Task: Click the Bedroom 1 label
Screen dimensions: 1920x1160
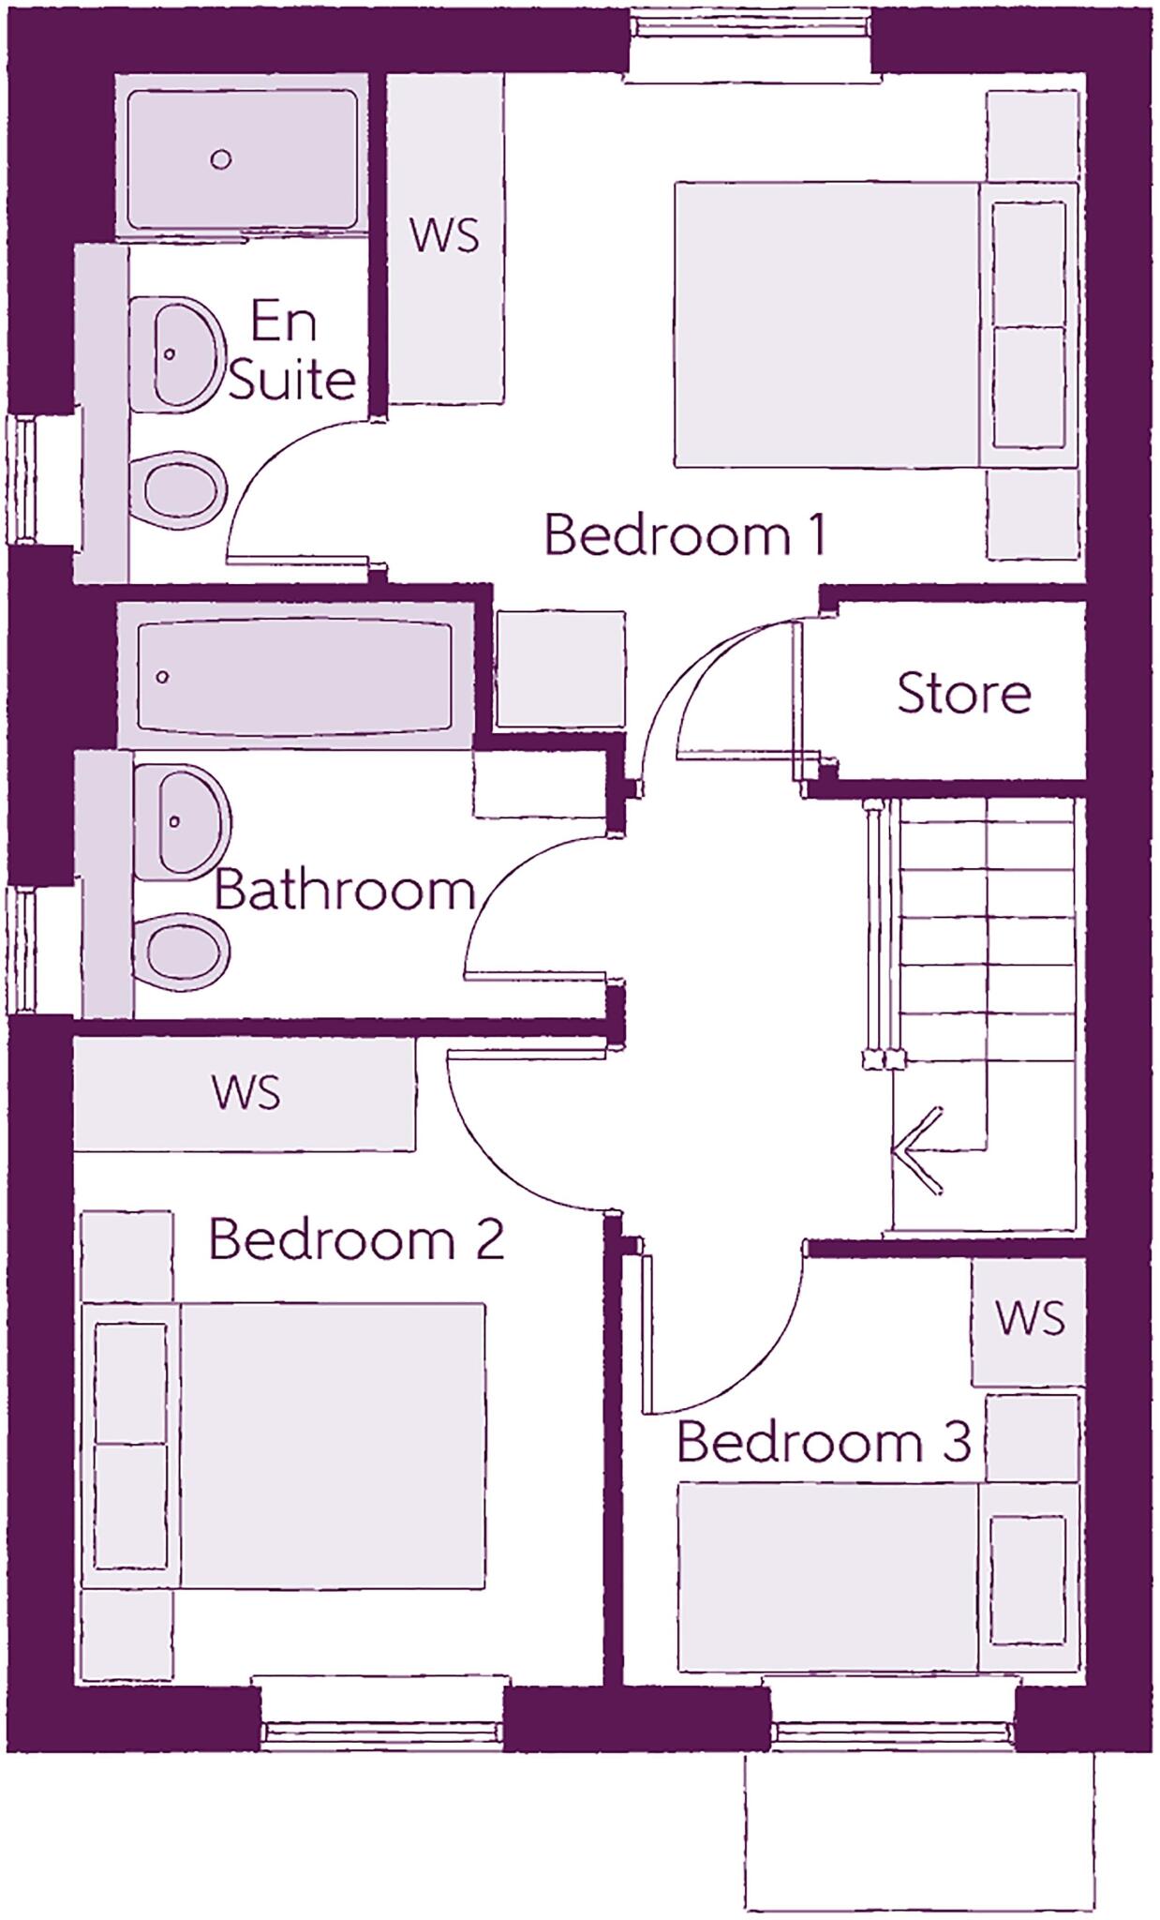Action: click(685, 535)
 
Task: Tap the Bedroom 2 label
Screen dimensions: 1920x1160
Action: click(356, 1239)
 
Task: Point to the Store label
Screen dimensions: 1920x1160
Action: click(963, 693)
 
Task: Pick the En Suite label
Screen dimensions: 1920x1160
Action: click(290, 352)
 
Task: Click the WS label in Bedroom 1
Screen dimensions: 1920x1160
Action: click(444, 235)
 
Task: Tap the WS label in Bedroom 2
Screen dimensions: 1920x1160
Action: click(245, 1092)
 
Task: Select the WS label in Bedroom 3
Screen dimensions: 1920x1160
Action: click(1030, 1318)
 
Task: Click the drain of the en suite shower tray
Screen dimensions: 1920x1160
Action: click(221, 159)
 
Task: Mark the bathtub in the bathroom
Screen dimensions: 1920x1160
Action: click(292, 676)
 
